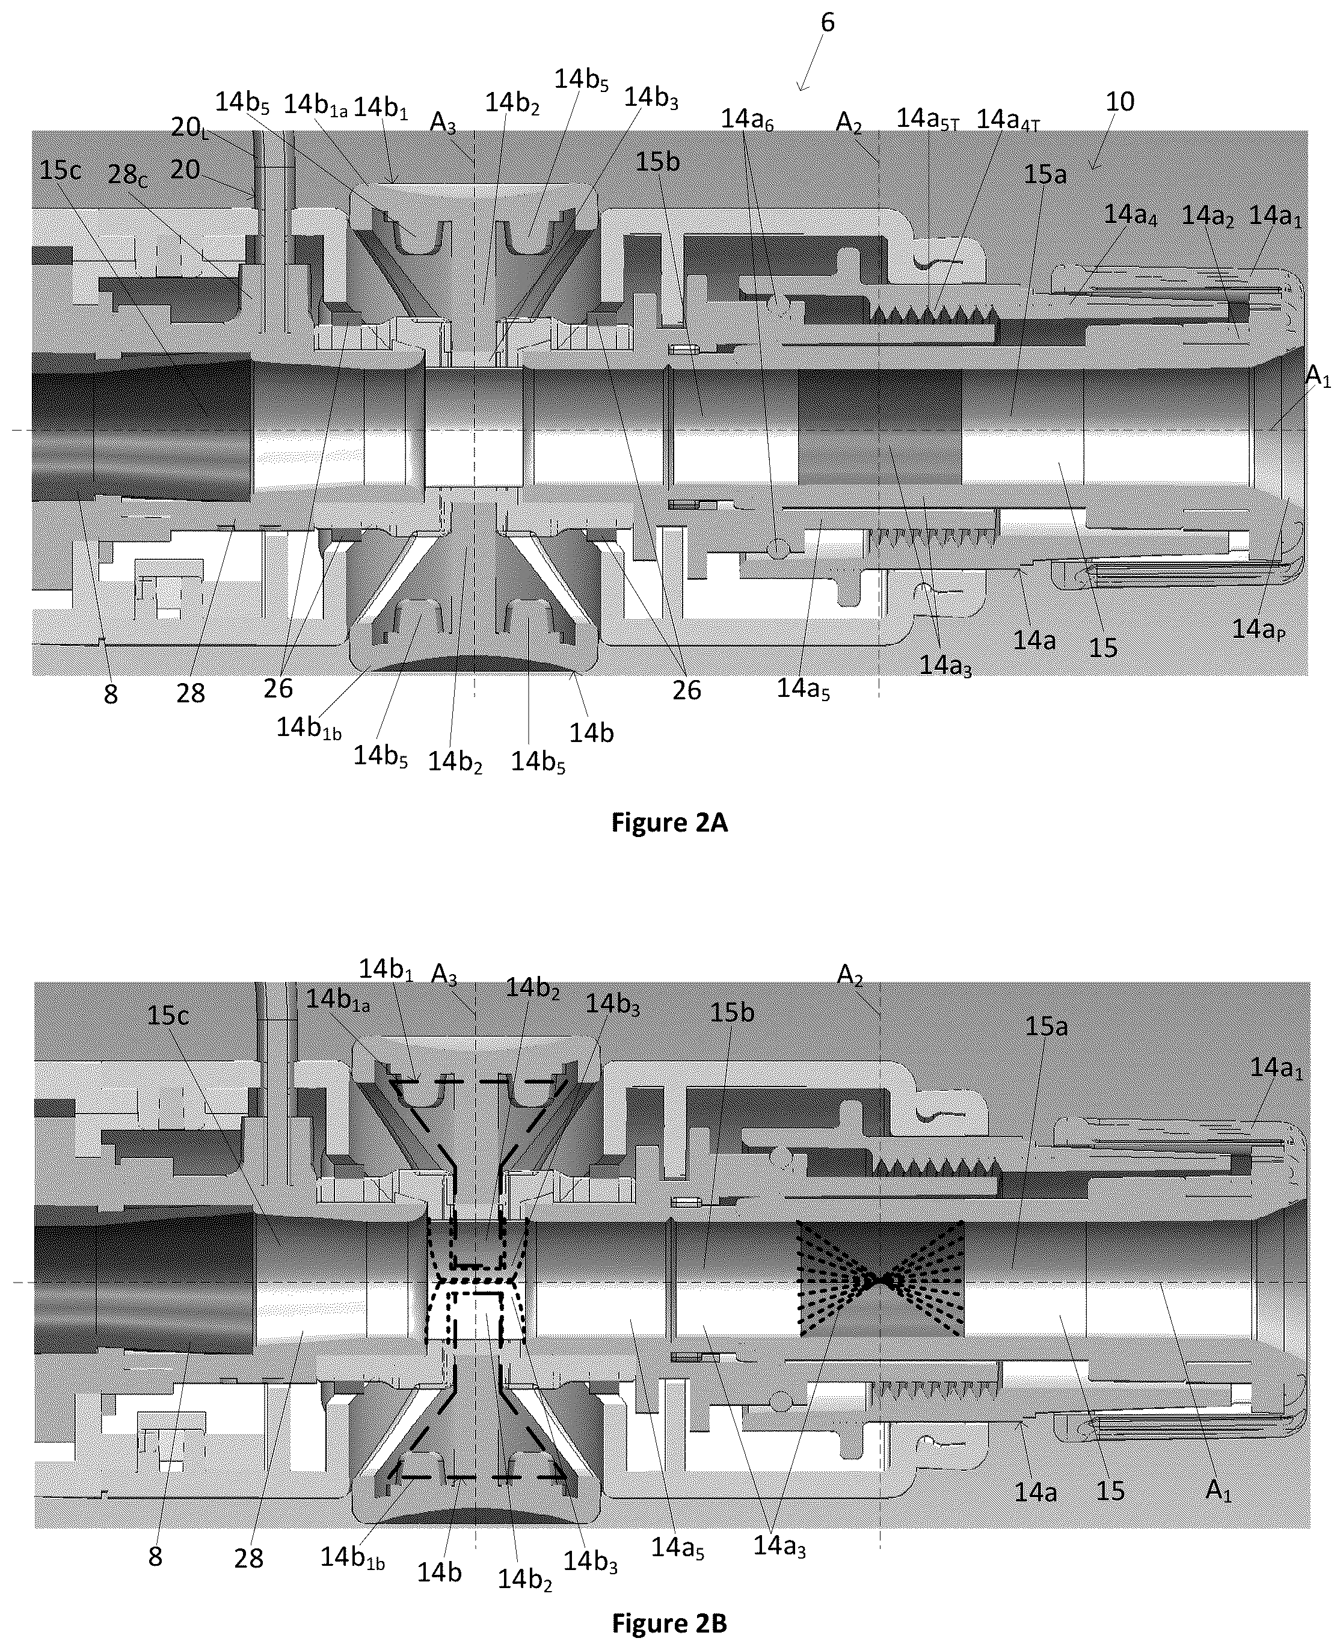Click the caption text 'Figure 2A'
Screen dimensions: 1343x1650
click(x=669, y=822)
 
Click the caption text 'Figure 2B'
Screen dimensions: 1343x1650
click(x=669, y=1622)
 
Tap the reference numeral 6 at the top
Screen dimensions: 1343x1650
click(x=828, y=22)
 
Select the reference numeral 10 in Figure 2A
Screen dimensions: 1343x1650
click(x=1120, y=102)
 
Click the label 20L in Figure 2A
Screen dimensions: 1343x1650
click(x=190, y=127)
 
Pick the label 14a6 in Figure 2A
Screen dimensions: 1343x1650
click(x=748, y=120)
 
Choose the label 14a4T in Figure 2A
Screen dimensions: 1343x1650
click(x=1009, y=120)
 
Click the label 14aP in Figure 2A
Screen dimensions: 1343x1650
click(x=1259, y=630)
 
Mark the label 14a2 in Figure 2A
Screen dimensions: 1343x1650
click(x=1207, y=217)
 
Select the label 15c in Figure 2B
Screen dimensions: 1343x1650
click(x=168, y=1015)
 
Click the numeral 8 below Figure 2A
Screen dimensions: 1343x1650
click(x=111, y=695)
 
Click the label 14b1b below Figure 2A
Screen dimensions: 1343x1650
click(x=310, y=729)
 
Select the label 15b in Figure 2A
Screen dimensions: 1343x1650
click(x=657, y=162)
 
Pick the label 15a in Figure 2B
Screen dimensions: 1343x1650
click(x=1046, y=1026)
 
